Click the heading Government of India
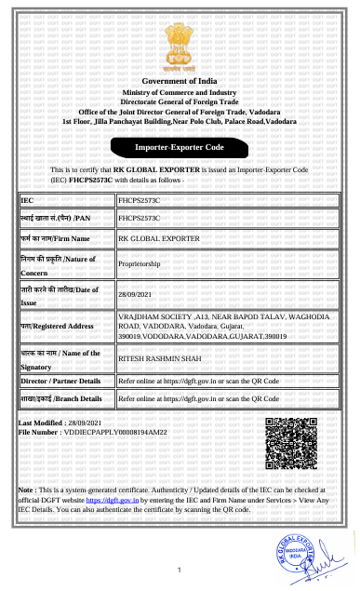180,84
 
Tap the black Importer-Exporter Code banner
180,147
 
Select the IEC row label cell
66,199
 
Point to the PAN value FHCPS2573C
140,217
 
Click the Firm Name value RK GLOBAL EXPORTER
154,238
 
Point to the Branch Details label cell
61,398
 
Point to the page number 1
179,570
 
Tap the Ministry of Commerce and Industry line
180,94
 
